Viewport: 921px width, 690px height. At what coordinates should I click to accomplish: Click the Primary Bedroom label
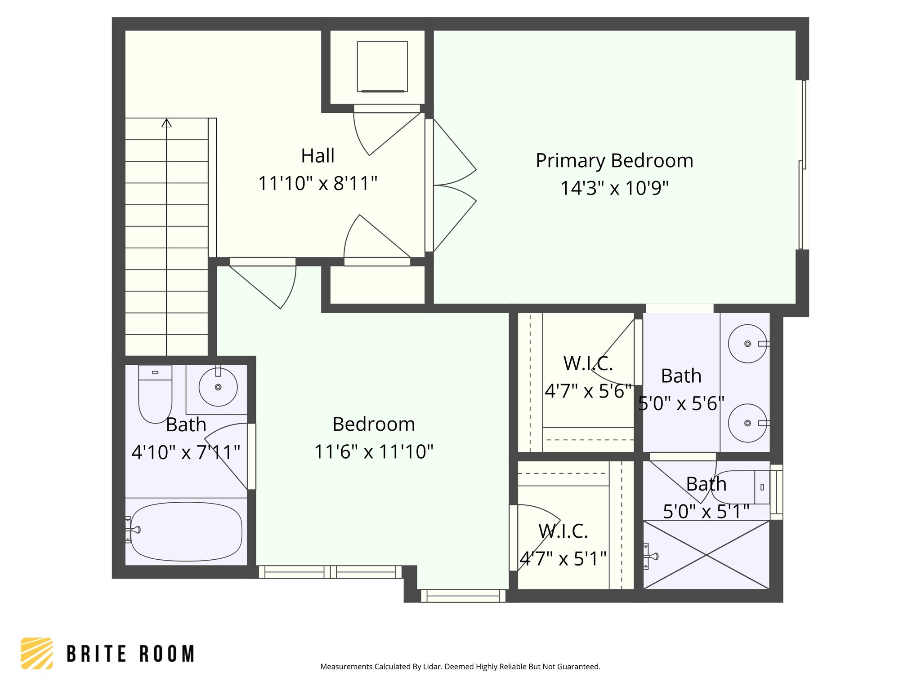pyautogui.click(x=614, y=161)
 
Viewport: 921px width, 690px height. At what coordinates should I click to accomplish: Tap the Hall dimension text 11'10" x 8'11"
pyautogui.click(x=317, y=183)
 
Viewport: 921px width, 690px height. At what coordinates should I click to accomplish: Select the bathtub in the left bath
pyautogui.click(x=186, y=531)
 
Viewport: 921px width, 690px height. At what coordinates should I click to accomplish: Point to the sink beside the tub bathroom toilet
pyautogui.click(x=218, y=387)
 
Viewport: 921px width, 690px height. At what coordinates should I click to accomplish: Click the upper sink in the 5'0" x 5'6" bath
pyautogui.click(x=747, y=344)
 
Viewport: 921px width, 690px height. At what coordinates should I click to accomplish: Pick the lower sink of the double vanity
pyautogui.click(x=747, y=423)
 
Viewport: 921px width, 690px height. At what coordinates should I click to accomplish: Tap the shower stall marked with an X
pyautogui.click(x=706, y=555)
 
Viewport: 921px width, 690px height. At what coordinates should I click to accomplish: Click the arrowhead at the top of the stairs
pyautogui.click(x=166, y=123)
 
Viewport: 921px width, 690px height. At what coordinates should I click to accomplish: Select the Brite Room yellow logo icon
pyautogui.click(x=37, y=653)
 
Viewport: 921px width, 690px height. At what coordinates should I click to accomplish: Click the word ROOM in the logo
pyautogui.click(x=167, y=654)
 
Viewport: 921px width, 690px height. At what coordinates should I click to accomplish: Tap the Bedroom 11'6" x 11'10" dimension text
pyautogui.click(x=373, y=452)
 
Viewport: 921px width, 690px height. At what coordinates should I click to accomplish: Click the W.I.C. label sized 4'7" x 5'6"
pyautogui.click(x=588, y=363)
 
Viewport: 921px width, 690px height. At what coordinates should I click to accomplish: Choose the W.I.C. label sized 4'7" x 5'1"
pyautogui.click(x=563, y=531)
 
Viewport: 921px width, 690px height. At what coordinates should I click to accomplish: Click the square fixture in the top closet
pyautogui.click(x=382, y=66)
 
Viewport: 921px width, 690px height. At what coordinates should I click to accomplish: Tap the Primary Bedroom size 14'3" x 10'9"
pyautogui.click(x=614, y=188)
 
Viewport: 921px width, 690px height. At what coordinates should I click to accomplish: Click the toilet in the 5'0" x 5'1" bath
pyautogui.click(x=742, y=487)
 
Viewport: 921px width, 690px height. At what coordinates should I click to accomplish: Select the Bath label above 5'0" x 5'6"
pyautogui.click(x=681, y=376)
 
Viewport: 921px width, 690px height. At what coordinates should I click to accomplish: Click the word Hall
pyautogui.click(x=317, y=156)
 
